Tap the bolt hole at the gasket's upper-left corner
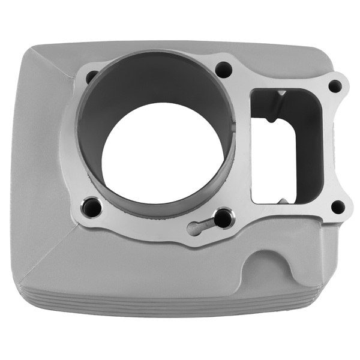click(92, 77)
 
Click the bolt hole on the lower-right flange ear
click(338, 208)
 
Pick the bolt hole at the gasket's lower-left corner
click(92, 207)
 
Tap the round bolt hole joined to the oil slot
click(223, 218)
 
